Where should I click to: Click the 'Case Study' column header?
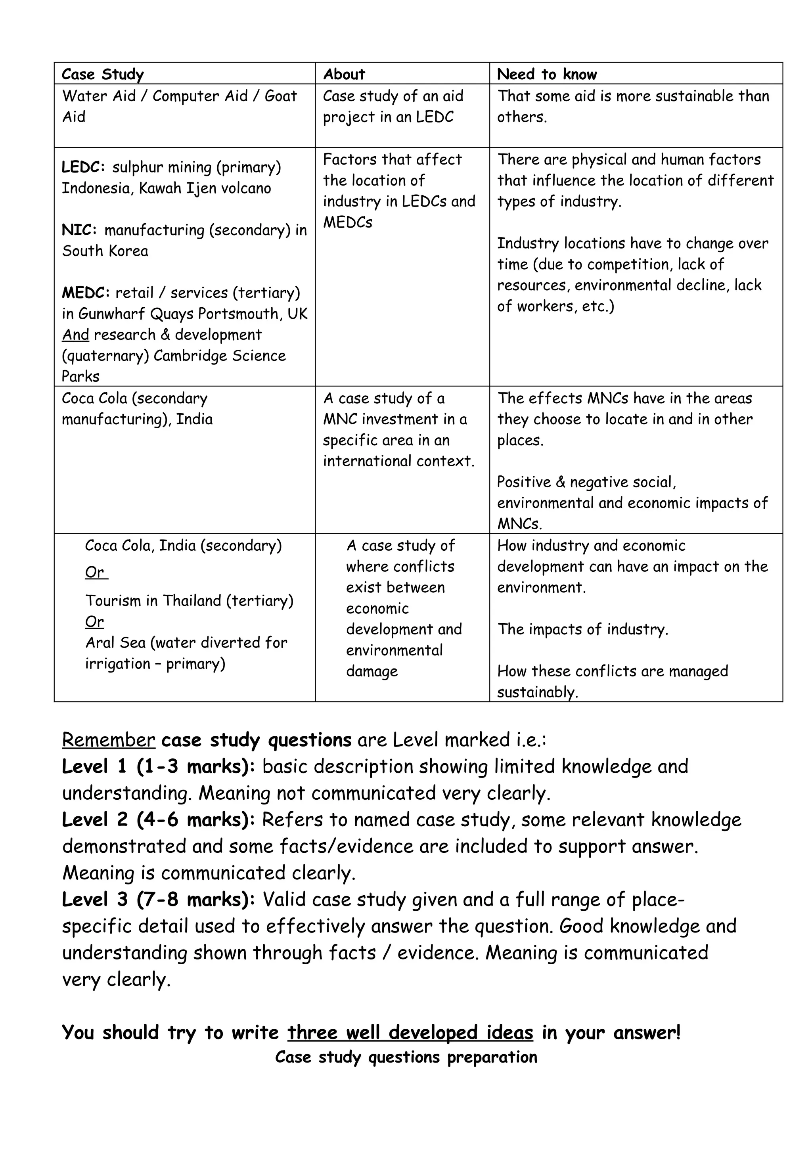pos(103,74)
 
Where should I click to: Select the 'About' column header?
pos(344,74)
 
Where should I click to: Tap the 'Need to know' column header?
pos(546,74)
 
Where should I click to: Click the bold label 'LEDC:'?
pos(83,167)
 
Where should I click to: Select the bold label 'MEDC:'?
pos(85,293)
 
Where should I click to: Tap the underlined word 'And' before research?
pos(75,335)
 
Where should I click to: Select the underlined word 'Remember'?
pos(109,740)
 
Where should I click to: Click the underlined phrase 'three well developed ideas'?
pos(410,1032)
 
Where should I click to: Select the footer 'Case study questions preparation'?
pos(406,1057)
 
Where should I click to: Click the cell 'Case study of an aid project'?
pos(393,106)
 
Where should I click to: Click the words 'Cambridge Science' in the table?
pos(220,356)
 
